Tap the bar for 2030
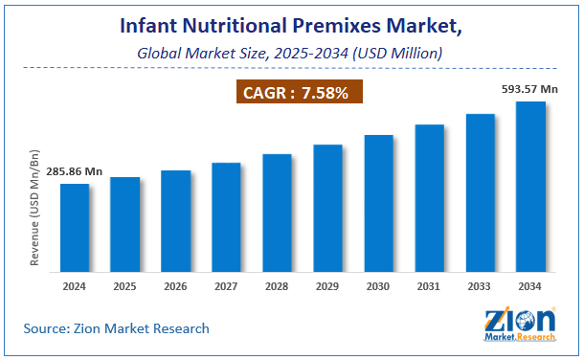[x=378, y=201]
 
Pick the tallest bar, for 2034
[x=530, y=184]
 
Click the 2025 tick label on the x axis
[x=124, y=285]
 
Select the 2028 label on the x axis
[x=277, y=285]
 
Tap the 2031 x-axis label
[x=429, y=285]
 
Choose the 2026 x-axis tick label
[x=175, y=285]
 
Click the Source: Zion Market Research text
[x=116, y=328]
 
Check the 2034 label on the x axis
[x=530, y=285]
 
